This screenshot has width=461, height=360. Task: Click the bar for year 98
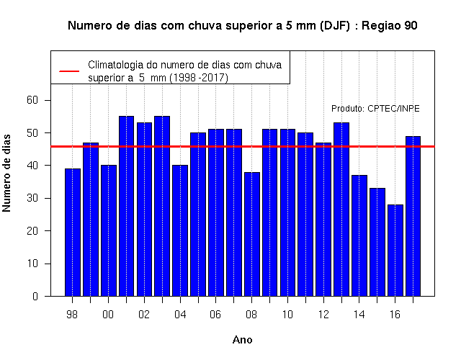coord(73,232)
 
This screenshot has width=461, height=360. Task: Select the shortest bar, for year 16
coord(395,250)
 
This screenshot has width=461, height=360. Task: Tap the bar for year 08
coord(252,234)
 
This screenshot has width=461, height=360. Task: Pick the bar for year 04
coord(180,230)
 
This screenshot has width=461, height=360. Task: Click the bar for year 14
coord(359,235)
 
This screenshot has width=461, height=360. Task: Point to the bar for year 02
coord(144,210)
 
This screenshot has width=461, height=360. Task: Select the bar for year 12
coord(323,219)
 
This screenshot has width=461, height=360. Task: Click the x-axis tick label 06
coord(215,315)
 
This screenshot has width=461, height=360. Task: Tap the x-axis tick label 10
coord(287,315)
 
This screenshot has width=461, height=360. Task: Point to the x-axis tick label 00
coord(108,315)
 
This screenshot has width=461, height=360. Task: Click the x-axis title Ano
coord(242,340)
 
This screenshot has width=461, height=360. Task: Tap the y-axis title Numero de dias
coord(6,173)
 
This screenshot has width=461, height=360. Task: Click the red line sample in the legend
coord(69,71)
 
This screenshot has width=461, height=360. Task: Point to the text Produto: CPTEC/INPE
coord(375,109)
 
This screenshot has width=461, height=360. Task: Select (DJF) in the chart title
coord(335,26)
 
